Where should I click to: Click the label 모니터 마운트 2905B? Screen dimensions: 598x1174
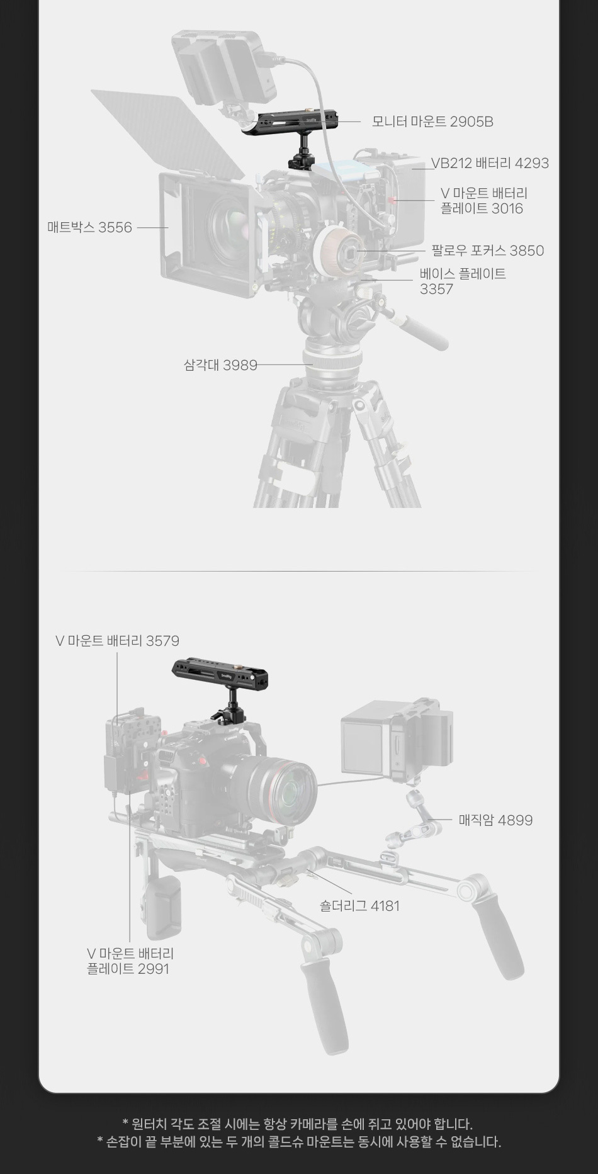coord(432,121)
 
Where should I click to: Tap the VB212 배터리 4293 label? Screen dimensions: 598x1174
coord(490,163)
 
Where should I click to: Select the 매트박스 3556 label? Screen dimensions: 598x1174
coord(89,227)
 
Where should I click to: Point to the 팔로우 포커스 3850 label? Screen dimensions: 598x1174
coord(487,251)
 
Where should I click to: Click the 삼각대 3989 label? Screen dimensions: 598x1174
coord(220,364)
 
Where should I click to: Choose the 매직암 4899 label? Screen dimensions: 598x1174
coord(495,820)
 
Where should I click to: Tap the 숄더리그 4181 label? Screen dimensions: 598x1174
coord(359,906)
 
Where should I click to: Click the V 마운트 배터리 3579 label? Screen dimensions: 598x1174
coord(118,641)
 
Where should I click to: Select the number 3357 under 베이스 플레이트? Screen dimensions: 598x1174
coord(436,289)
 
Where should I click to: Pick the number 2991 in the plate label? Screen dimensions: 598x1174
coord(153,969)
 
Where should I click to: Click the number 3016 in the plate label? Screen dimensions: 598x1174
coord(507,208)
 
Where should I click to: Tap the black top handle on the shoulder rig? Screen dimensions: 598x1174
coord(220,672)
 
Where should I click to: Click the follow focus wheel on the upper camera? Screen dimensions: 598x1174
coord(337,250)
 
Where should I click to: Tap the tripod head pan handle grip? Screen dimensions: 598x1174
coord(424,332)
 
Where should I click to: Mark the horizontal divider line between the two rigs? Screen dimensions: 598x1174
coord(299,571)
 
